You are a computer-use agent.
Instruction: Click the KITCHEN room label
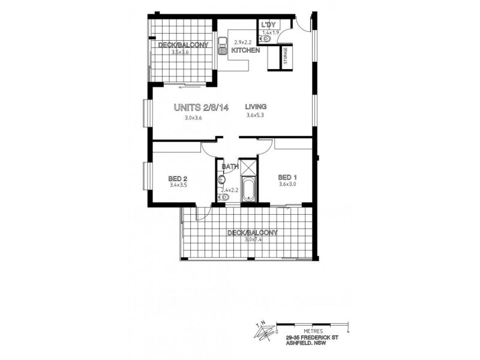(245, 50)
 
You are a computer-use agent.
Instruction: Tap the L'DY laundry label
(268, 25)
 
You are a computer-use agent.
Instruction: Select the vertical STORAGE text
(286, 56)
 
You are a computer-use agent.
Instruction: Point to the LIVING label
(256, 107)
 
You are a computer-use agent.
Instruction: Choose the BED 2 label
(178, 178)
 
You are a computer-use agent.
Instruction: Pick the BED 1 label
(288, 177)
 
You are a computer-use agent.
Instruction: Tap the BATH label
(230, 167)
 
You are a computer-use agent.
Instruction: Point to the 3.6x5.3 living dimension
(256, 118)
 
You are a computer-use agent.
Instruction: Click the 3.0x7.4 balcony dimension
(254, 240)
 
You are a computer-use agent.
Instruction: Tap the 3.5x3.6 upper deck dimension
(180, 53)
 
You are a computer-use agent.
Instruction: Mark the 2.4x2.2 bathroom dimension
(230, 190)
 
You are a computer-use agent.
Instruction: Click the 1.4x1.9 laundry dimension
(271, 32)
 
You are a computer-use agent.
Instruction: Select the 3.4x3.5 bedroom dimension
(179, 185)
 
